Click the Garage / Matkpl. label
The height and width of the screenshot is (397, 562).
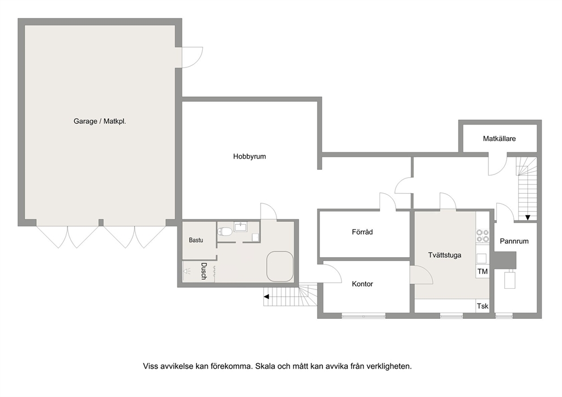point(99,121)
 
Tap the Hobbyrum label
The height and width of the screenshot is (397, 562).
point(249,156)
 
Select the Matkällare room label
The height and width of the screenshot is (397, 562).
point(499,138)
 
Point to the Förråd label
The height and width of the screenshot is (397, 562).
point(362,232)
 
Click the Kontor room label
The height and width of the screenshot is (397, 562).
point(362,284)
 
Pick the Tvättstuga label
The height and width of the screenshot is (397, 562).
point(444,255)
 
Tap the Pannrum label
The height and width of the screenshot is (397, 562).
point(514,241)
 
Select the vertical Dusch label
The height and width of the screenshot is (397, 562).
point(203,271)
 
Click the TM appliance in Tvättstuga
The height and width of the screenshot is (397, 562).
point(482,272)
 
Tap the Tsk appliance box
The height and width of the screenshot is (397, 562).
point(482,306)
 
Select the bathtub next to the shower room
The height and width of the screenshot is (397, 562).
point(279,266)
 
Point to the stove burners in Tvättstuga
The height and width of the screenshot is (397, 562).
point(483,236)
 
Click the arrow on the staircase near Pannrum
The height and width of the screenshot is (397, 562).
point(527,217)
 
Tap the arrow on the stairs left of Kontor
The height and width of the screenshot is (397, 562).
point(266,296)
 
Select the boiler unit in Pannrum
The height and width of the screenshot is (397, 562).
point(510,279)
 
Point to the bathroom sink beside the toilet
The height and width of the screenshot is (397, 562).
point(241,227)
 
